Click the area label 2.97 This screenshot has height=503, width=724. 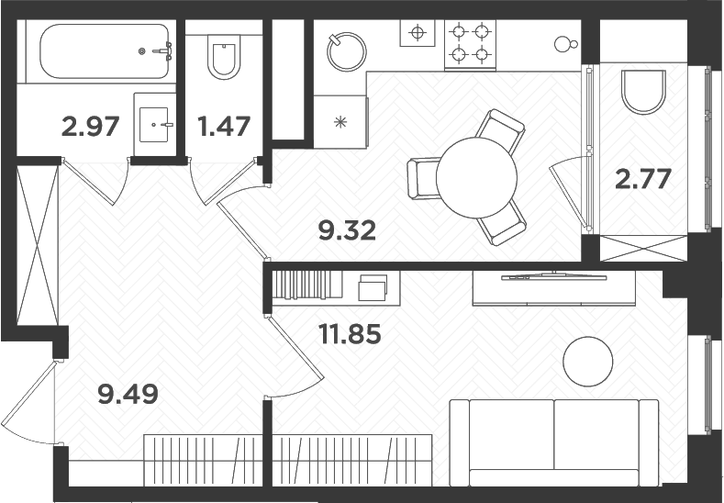(x=90, y=125)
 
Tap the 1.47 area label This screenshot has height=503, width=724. (x=224, y=125)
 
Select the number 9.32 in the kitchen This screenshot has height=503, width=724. (x=348, y=229)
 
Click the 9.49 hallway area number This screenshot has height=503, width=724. (x=128, y=395)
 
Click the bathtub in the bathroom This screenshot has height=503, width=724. (x=96, y=51)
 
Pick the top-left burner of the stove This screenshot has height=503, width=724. (x=459, y=32)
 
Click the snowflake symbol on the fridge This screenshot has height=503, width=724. (x=340, y=121)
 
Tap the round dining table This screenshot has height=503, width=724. (x=476, y=176)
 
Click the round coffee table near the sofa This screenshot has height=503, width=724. (x=587, y=362)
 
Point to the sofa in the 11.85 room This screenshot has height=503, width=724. (x=553, y=442)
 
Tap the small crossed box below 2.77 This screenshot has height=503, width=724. (x=643, y=248)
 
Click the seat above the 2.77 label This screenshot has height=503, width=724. (x=643, y=92)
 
